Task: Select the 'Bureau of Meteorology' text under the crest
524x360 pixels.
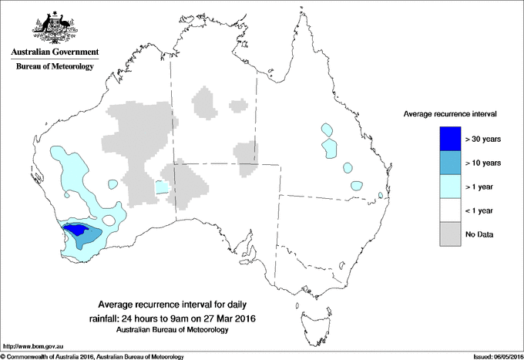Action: (55, 67)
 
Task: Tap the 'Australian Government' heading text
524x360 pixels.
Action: (55, 52)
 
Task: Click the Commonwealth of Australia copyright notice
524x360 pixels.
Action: (92, 356)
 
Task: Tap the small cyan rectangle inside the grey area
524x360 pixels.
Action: (161, 187)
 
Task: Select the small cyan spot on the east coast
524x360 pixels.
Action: (381, 196)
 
